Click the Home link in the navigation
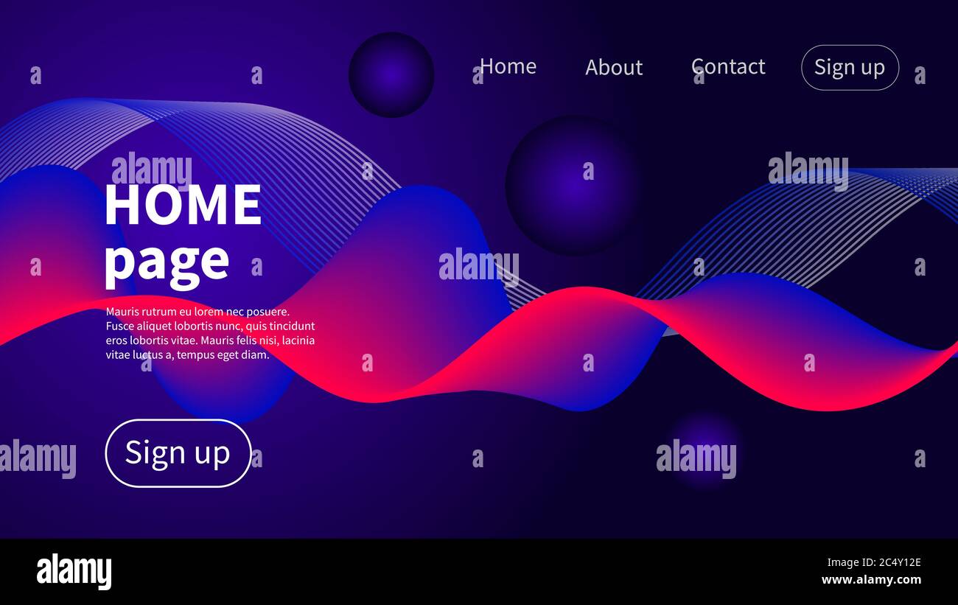coord(508,66)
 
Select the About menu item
coord(614,67)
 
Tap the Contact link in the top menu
coord(728,66)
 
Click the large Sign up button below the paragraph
coord(178,453)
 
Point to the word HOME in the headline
coord(183,206)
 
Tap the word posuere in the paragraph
coord(269,312)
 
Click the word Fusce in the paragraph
coord(119,326)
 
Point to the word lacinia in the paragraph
coord(298,340)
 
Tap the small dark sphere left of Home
coord(391,74)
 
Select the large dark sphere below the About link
coord(572,185)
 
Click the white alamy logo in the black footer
coord(74,572)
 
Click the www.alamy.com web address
coord(871,580)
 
